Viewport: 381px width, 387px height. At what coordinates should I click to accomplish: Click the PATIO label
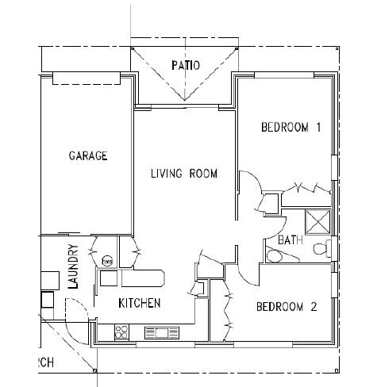pyautogui.click(x=187, y=65)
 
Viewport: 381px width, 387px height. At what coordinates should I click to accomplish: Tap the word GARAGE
pyautogui.click(x=87, y=156)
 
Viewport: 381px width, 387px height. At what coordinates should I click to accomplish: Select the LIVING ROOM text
pyautogui.click(x=184, y=174)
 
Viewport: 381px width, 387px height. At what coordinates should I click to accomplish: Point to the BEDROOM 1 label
pyautogui.click(x=291, y=128)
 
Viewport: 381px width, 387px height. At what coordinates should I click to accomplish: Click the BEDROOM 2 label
pyautogui.click(x=287, y=308)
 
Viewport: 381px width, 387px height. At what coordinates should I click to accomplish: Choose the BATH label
pyautogui.click(x=288, y=239)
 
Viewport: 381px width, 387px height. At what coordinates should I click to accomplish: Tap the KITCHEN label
pyautogui.click(x=140, y=303)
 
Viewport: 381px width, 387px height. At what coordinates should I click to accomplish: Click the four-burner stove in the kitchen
pyautogui.click(x=123, y=332)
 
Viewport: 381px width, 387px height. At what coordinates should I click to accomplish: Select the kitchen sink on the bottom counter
pyautogui.click(x=162, y=332)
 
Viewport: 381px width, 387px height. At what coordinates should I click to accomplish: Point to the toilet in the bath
pyautogui.click(x=321, y=249)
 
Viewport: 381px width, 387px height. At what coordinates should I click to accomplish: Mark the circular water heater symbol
pyautogui.click(x=107, y=259)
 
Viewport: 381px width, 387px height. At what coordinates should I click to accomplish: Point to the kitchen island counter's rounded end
pyautogui.click(x=160, y=277)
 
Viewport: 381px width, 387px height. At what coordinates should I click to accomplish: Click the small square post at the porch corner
pyautogui.click(x=94, y=370)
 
